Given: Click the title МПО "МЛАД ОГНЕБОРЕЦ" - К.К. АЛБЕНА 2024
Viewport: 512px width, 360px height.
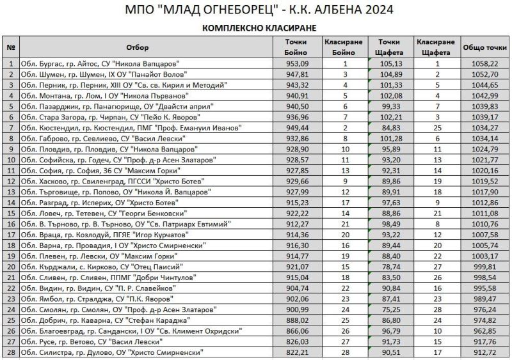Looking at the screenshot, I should pyautogui.click(x=255, y=10).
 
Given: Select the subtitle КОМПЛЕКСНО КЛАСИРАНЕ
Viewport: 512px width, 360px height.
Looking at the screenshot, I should pyautogui.click(x=255, y=29).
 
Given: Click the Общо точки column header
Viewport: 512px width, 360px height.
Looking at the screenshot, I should pyautogui.click(x=484, y=47).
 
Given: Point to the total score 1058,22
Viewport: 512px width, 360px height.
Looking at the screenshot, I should pyautogui.click(x=484, y=64).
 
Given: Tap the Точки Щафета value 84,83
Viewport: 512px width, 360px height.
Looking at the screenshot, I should pyautogui.click(x=389, y=127).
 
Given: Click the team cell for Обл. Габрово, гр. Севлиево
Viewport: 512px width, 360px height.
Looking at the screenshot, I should pyautogui.click(x=97, y=137).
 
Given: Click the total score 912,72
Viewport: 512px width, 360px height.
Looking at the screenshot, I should pyautogui.click(x=484, y=352).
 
